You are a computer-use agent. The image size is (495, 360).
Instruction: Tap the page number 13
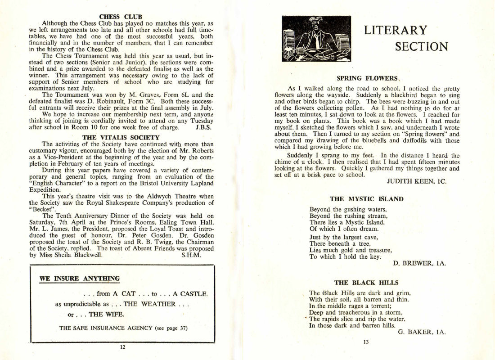tap(365, 342)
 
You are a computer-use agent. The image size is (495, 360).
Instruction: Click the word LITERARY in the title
tap(395, 30)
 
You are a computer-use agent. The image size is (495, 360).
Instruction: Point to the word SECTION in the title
tap(421, 46)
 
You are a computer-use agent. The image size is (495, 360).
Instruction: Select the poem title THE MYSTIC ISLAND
tap(366, 198)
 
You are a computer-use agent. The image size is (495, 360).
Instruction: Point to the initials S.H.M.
tap(191, 255)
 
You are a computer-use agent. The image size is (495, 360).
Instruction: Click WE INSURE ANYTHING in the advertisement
tap(79, 279)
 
